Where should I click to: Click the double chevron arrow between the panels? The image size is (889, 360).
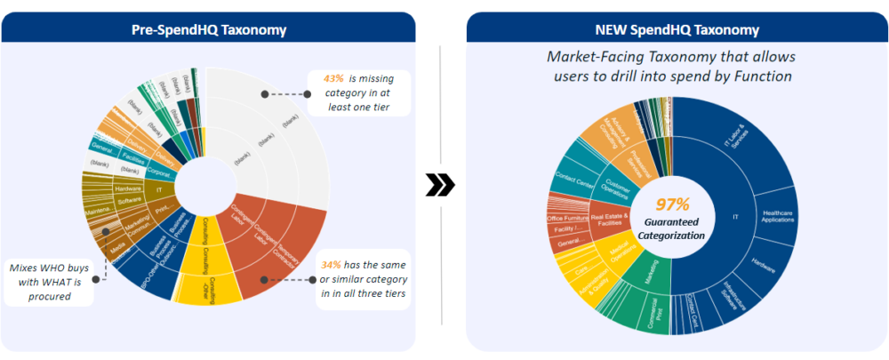pyautogui.click(x=441, y=185)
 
